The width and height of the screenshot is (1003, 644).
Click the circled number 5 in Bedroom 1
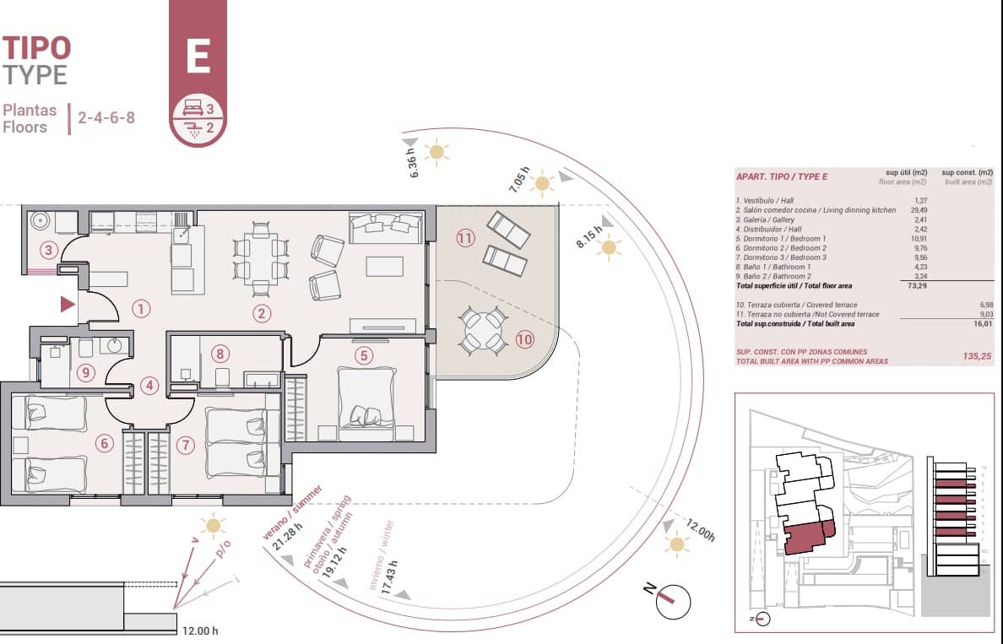click(364, 355)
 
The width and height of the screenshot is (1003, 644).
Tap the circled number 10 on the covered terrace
click(525, 340)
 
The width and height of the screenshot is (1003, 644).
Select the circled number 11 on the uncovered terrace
click(465, 238)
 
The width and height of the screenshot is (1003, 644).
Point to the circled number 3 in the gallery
click(49, 250)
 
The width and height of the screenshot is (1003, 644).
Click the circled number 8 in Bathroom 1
click(220, 354)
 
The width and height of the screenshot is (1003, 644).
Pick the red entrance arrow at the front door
click(68, 305)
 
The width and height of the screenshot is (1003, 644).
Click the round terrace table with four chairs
click(483, 330)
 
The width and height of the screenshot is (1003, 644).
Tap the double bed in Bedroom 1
click(366, 398)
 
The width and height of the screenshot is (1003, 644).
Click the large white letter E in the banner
click(198, 57)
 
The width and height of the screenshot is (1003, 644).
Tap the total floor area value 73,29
click(915, 286)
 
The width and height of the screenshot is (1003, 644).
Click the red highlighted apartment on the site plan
click(806, 538)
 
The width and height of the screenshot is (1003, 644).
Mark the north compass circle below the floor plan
click(673, 601)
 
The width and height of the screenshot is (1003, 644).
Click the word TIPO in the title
click(36, 47)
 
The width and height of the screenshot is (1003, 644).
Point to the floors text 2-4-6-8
click(106, 118)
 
